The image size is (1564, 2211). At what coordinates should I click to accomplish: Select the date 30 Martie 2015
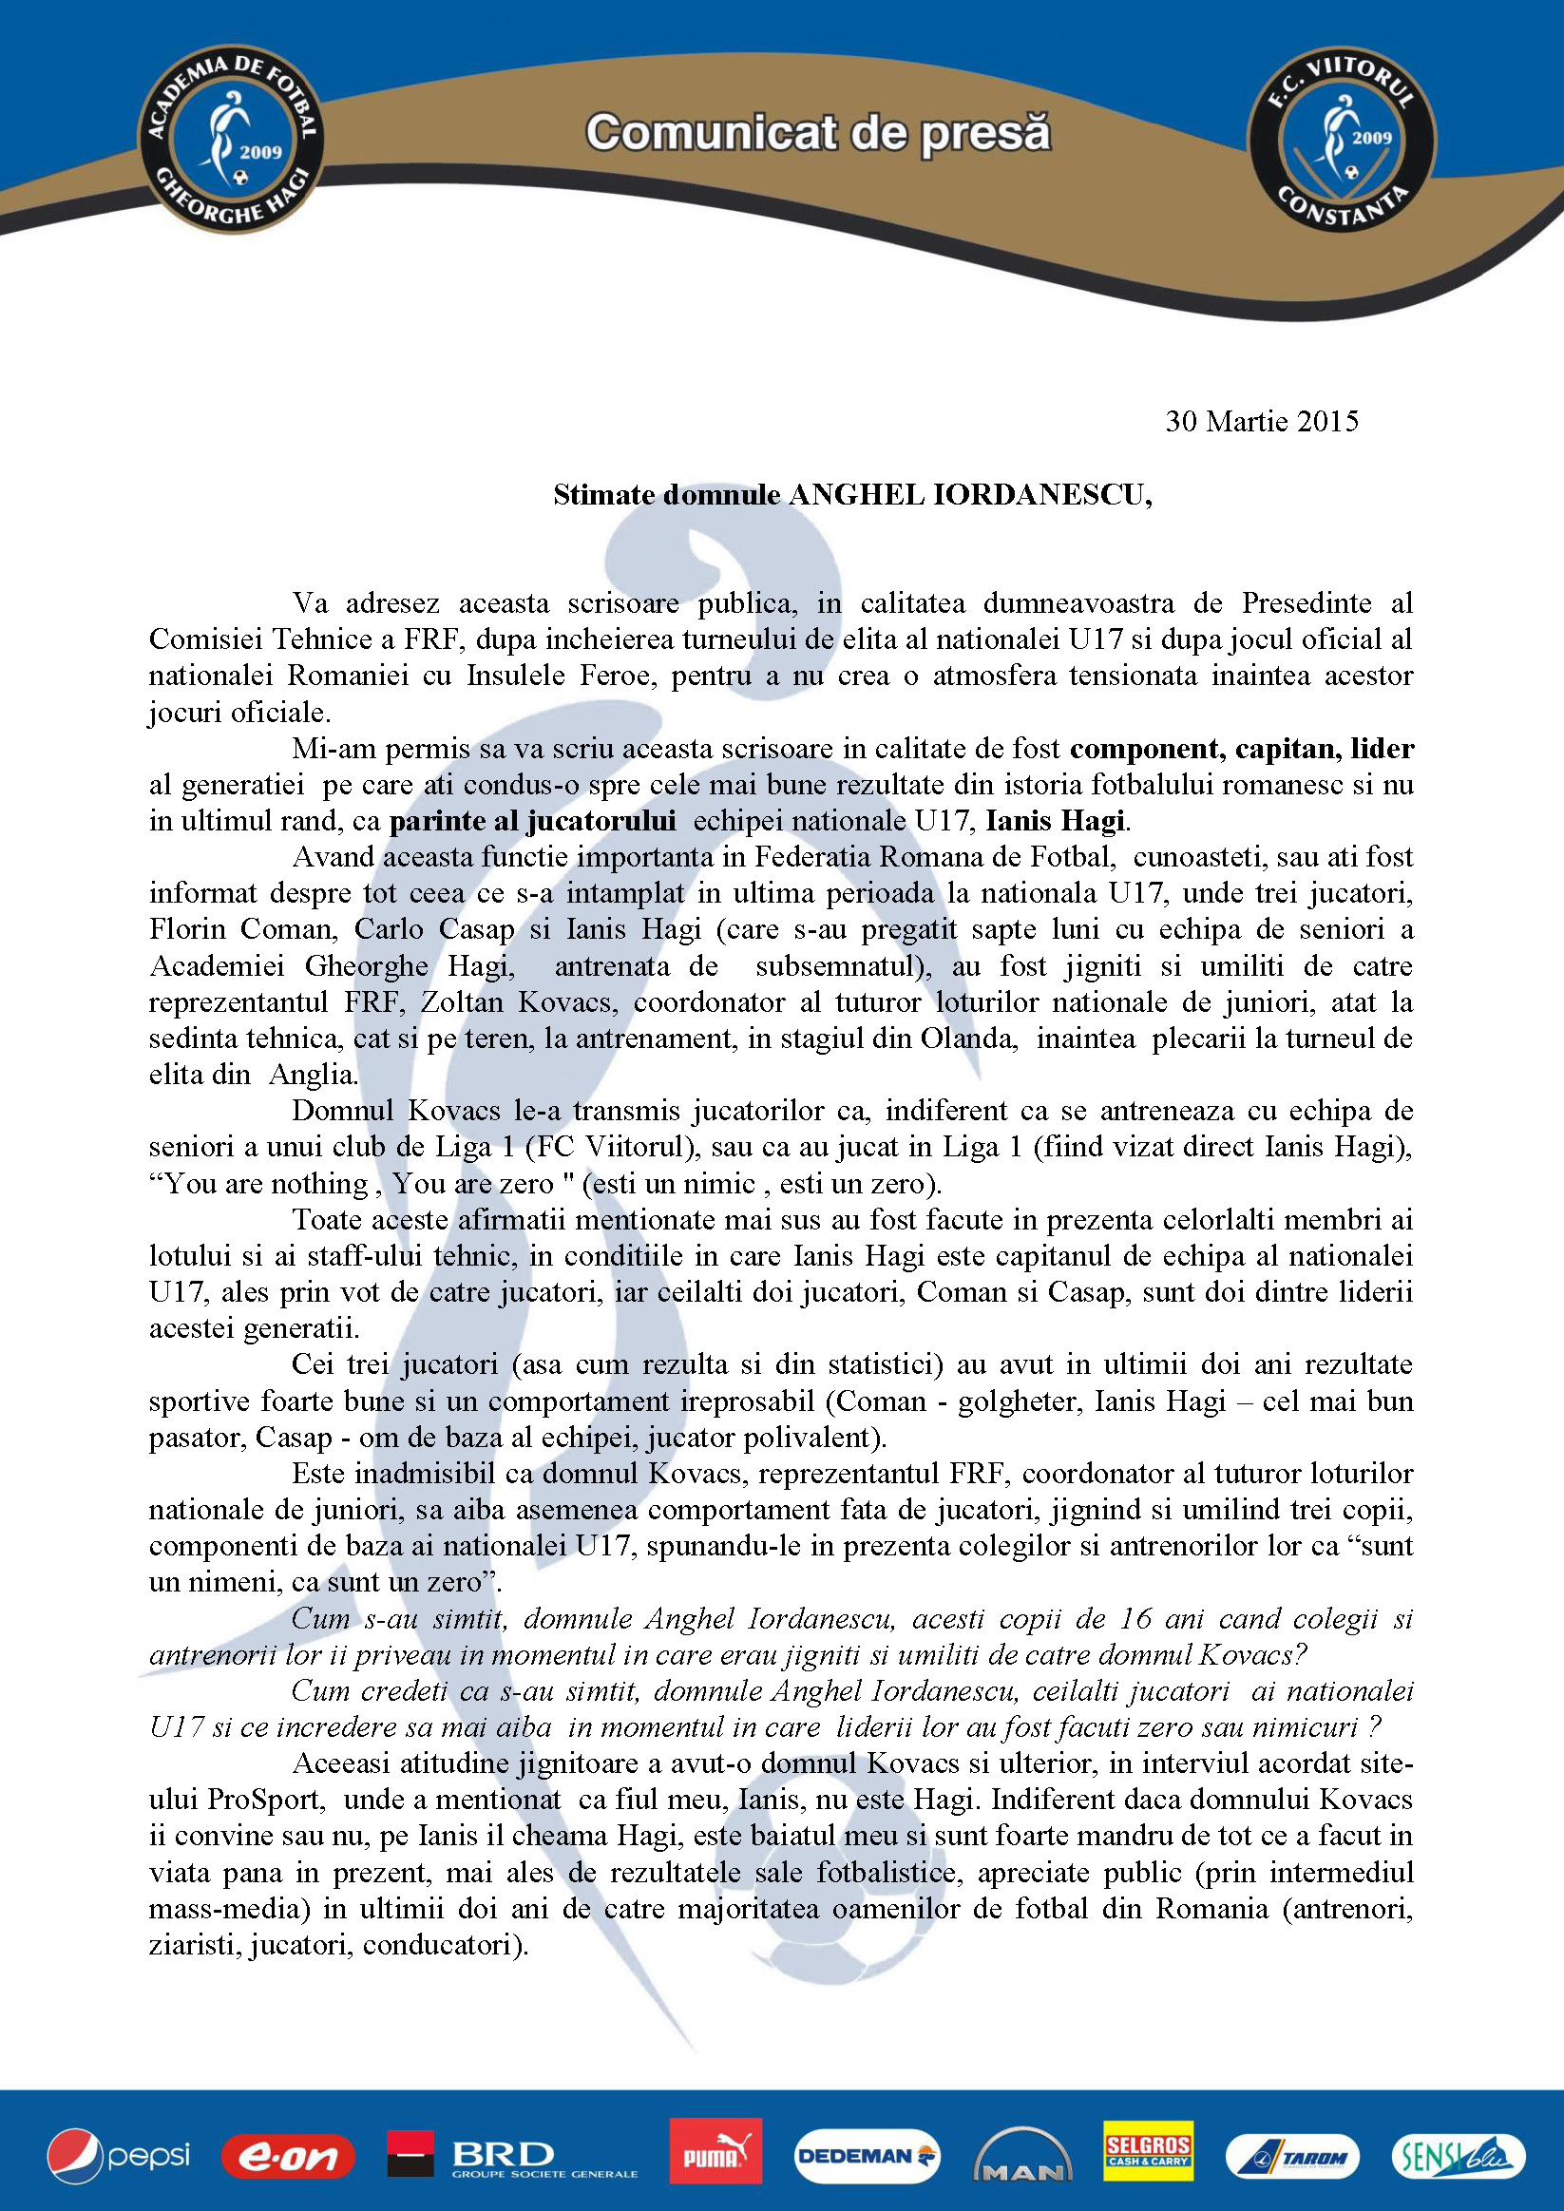[1262, 421]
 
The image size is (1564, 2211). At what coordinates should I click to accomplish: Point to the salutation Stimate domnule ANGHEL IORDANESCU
[852, 494]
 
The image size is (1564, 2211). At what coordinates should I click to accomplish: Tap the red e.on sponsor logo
[288, 2157]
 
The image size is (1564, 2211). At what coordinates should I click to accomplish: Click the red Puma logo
[715, 2151]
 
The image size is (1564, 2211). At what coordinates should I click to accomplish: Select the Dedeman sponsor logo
[866, 2156]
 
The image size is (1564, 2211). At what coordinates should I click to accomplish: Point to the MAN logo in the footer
[1022, 2157]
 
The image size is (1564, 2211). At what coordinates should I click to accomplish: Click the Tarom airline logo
[1291, 2157]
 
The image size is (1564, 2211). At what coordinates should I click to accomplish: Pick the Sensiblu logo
[1457, 2156]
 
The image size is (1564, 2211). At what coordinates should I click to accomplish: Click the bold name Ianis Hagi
[1056, 822]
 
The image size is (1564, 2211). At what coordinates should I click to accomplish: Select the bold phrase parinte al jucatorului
[532, 822]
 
